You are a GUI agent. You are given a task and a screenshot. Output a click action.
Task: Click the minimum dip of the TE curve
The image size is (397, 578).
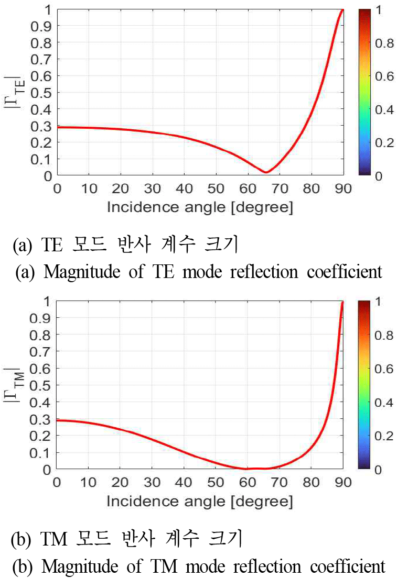coord(266,172)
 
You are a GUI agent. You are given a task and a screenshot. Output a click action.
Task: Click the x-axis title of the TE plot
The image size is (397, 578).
coord(200,207)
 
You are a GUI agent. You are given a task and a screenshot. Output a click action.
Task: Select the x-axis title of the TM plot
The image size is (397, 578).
coord(200,501)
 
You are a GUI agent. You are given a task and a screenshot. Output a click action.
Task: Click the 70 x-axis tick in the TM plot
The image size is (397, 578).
coord(280,482)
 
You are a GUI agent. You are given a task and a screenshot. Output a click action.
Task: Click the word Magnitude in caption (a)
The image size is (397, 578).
coord(76,272)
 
